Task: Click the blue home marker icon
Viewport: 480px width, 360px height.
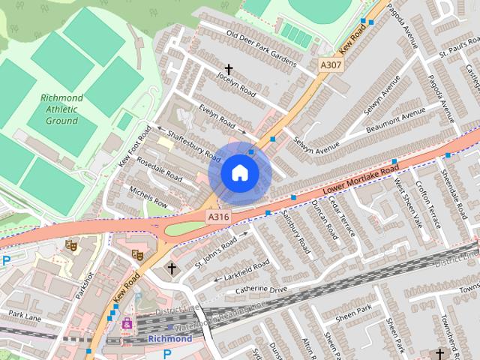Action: (x=239, y=173)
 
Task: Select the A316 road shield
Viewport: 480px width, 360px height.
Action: (x=218, y=216)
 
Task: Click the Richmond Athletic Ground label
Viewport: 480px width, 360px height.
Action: (x=61, y=109)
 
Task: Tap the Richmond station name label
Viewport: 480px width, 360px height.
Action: (x=170, y=338)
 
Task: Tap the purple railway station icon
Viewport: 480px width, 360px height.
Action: (x=127, y=324)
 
